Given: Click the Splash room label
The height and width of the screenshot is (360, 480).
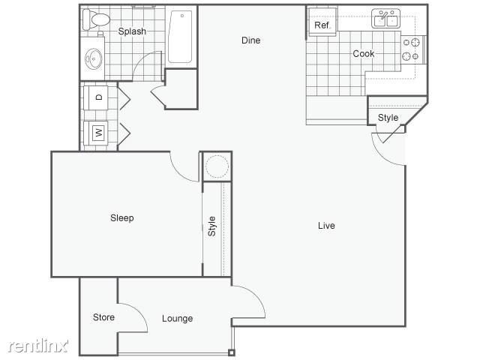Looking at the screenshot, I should point(132,31).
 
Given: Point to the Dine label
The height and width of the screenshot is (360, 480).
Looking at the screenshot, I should point(250,40).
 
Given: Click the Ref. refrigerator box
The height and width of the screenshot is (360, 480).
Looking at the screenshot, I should point(322,25).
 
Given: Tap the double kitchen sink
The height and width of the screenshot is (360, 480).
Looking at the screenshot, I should point(387,19).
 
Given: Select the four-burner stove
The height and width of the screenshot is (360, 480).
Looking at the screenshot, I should point(410,49).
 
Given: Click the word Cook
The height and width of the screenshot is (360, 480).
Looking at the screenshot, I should point(364,54).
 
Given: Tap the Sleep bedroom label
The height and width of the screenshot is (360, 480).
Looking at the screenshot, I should point(121,218).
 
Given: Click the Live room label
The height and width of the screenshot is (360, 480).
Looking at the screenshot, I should point(326,226).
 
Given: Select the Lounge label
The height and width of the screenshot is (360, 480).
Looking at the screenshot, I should point(177,319).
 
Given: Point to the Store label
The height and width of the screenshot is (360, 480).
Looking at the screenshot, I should point(103,317).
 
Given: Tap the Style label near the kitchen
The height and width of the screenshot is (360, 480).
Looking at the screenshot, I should point(388,118).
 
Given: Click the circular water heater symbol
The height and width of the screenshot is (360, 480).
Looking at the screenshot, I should point(217,166).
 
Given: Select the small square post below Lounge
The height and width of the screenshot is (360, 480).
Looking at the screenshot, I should point(232,352).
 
